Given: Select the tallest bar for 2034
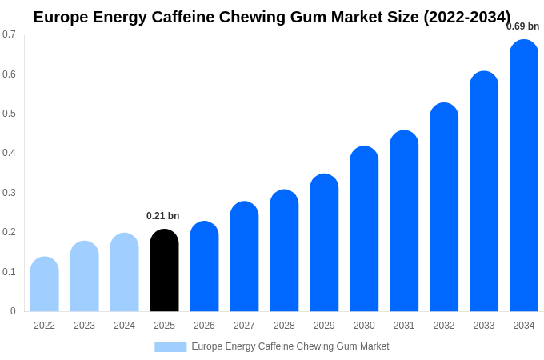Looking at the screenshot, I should point(524,176).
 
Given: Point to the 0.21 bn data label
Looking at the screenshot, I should point(163,216).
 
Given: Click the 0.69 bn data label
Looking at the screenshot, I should point(522,26).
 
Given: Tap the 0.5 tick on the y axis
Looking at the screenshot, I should point(9,114).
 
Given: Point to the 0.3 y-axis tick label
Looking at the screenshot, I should point(9,193).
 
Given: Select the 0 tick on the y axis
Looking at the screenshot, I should point(13,311).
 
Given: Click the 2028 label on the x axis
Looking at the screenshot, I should point(284,326).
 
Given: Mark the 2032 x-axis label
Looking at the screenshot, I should point(444,326).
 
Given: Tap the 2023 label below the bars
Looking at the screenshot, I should point(84,326).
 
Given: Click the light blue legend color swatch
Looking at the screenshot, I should point(170,347).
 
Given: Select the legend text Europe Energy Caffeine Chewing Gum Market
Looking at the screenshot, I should point(290,346).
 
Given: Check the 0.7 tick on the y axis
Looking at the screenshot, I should point(9,34).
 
